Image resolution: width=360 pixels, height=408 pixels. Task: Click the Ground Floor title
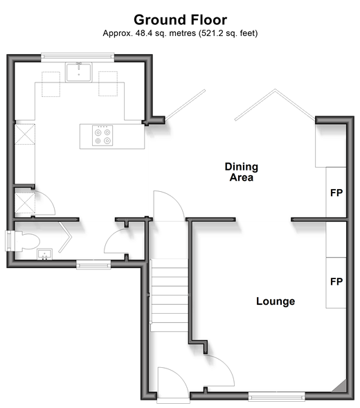[180, 20]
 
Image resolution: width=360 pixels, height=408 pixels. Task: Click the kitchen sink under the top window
[78, 72]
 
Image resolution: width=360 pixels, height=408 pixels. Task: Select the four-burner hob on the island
[102, 136]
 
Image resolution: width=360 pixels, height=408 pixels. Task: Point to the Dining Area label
[242, 172]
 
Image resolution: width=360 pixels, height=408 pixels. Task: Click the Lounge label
[276, 301]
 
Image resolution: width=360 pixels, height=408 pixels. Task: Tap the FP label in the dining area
[336, 193]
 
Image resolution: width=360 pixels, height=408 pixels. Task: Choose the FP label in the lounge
[336, 281]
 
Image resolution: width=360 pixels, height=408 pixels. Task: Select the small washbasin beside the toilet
[44, 254]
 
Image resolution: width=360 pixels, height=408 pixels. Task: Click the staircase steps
[170, 295]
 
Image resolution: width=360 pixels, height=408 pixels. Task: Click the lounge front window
[276, 396]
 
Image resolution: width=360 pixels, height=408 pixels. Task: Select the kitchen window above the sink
[78, 57]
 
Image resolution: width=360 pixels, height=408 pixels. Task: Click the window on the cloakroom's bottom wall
[93, 265]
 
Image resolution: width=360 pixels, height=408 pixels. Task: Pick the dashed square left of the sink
[51, 85]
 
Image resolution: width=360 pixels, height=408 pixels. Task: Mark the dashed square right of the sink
[108, 84]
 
